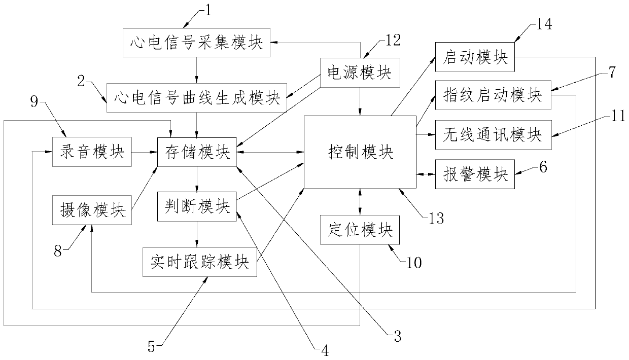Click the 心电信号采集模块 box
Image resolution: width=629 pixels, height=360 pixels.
(x=197, y=43)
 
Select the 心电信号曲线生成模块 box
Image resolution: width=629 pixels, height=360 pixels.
(x=197, y=98)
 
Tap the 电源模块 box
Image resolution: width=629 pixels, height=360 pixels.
(x=360, y=73)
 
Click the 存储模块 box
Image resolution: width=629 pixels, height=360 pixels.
(x=197, y=152)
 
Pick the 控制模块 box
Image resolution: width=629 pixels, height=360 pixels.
(x=360, y=152)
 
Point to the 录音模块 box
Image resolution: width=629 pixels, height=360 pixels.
(x=92, y=152)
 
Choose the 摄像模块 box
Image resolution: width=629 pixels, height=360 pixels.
(x=92, y=210)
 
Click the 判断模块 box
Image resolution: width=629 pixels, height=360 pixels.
(x=197, y=206)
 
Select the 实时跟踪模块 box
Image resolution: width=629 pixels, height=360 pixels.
(x=200, y=262)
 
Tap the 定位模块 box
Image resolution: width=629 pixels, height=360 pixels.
(x=360, y=230)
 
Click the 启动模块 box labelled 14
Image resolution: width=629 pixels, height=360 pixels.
(x=475, y=57)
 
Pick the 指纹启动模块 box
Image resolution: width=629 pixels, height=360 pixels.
(x=493, y=95)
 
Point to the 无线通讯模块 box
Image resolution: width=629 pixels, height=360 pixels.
(x=494, y=135)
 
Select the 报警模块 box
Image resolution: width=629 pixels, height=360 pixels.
(x=475, y=174)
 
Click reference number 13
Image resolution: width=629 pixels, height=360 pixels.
(x=436, y=219)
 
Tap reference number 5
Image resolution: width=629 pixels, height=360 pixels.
(x=151, y=347)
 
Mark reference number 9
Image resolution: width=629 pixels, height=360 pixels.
(x=34, y=101)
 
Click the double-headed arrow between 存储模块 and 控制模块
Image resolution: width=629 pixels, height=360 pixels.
(x=270, y=152)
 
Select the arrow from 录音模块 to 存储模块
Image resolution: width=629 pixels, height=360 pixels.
(x=145, y=152)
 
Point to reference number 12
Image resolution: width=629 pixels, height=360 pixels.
(x=393, y=40)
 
